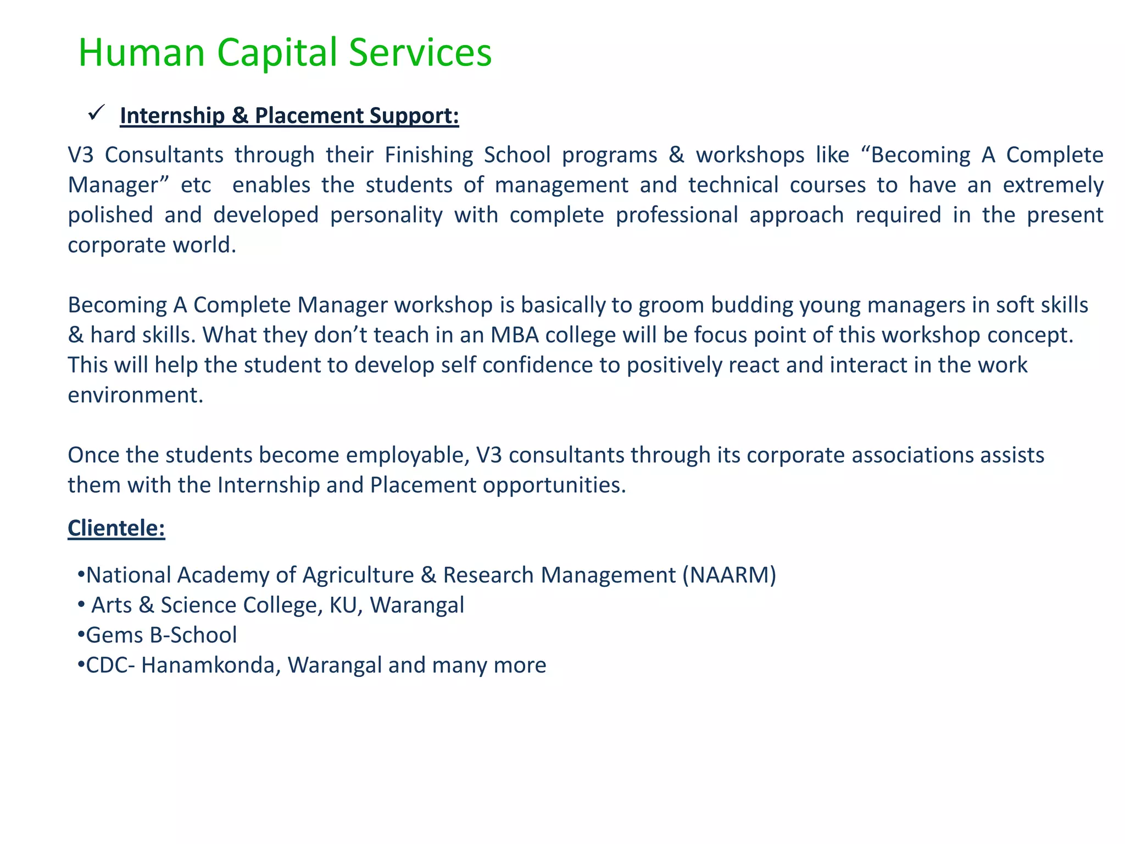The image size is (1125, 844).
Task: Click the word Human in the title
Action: (x=141, y=53)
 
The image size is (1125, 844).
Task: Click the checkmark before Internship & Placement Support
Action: (x=96, y=113)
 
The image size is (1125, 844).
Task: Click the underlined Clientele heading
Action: (x=116, y=528)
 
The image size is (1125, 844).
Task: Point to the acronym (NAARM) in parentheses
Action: (x=729, y=575)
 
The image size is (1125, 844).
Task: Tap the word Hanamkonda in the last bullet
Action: (x=211, y=665)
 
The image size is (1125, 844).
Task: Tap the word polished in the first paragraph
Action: (x=110, y=215)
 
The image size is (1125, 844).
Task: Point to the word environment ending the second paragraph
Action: (x=135, y=396)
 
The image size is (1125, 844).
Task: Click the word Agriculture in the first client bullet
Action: (x=358, y=575)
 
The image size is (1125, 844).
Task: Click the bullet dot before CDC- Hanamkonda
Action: (x=81, y=665)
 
